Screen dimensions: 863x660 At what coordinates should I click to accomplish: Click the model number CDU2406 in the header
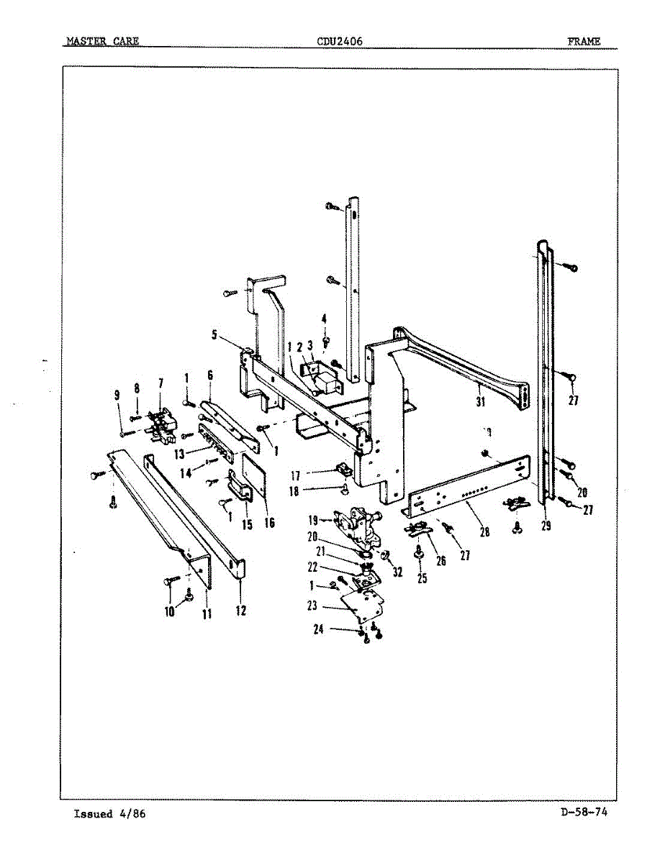pyautogui.click(x=340, y=42)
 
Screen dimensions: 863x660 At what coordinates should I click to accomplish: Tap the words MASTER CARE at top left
pyautogui.click(x=103, y=42)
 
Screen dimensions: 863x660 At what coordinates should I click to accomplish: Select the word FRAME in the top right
pyautogui.click(x=584, y=42)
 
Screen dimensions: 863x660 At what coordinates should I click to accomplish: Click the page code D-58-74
pyautogui.click(x=584, y=813)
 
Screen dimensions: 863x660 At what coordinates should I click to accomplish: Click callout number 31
pyautogui.click(x=480, y=402)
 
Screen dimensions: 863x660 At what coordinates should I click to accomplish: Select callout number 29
pyautogui.click(x=546, y=526)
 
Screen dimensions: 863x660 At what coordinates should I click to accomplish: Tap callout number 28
pyautogui.click(x=484, y=533)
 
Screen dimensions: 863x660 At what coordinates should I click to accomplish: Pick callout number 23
pyautogui.click(x=312, y=606)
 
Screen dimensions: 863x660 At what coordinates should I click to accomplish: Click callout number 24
pyautogui.click(x=318, y=629)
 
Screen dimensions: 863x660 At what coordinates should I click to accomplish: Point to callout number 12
pyautogui.click(x=240, y=611)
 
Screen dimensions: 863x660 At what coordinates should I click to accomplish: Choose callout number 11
pyautogui.click(x=207, y=614)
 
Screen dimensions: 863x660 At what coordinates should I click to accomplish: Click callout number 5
pyautogui.click(x=214, y=334)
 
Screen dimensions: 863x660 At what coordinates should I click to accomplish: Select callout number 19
pyautogui.click(x=314, y=520)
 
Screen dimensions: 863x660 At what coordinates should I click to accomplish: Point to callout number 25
pyautogui.click(x=422, y=577)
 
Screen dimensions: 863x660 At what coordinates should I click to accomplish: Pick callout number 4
pyautogui.click(x=324, y=319)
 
